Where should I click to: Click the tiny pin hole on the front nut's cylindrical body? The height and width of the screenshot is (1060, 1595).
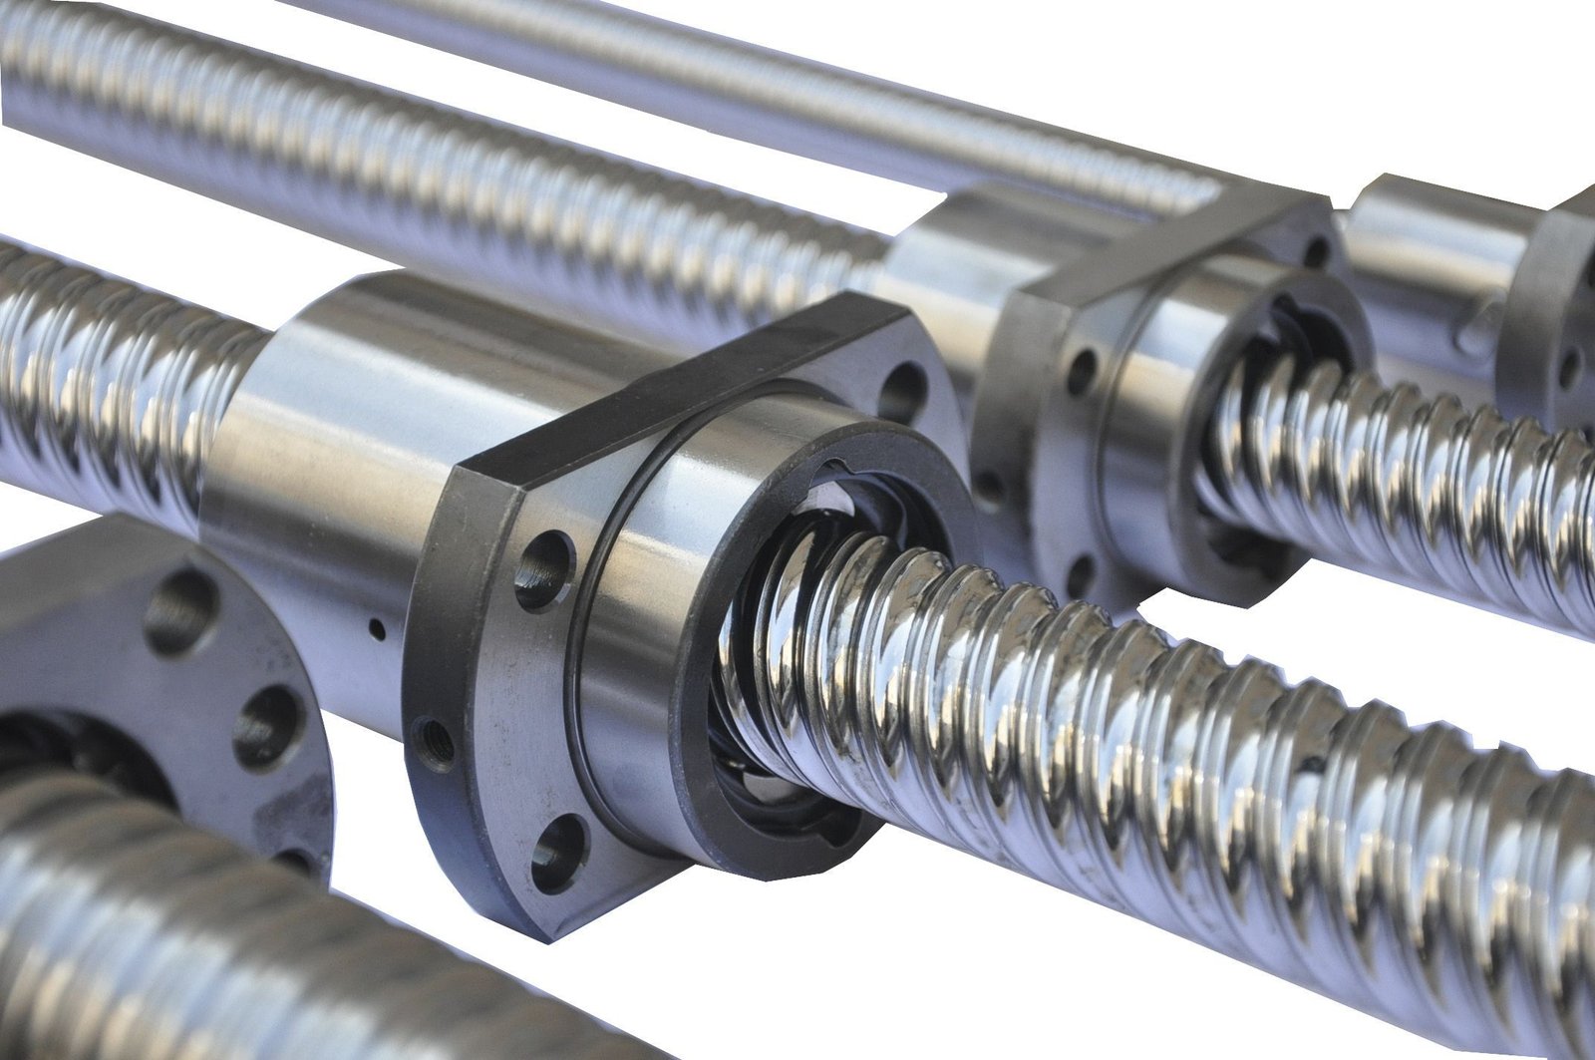378,628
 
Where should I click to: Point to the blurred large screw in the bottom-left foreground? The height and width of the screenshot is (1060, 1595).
199,957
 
